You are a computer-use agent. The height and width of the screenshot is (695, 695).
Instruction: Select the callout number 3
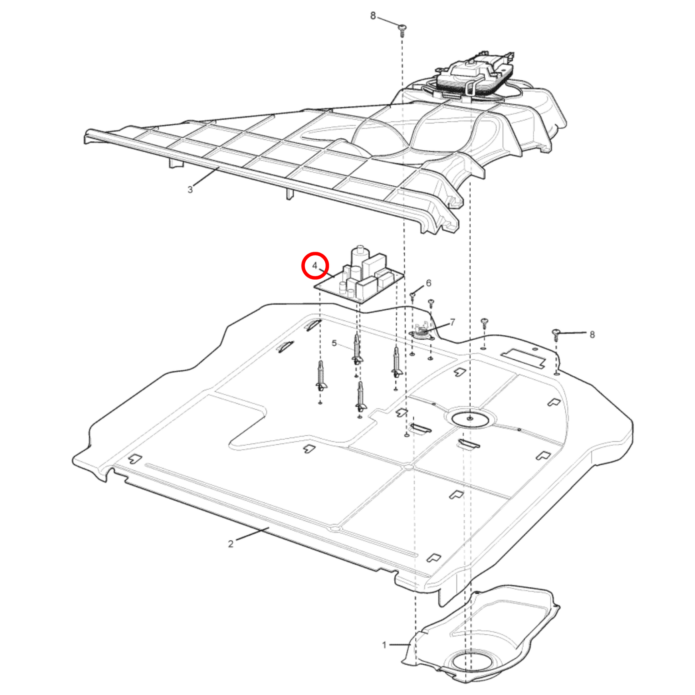tap(190, 190)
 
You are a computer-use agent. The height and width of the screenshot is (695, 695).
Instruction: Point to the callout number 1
tap(384, 645)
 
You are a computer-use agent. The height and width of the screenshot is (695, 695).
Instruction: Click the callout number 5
tap(334, 344)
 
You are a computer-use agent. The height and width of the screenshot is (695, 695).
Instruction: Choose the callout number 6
tap(429, 283)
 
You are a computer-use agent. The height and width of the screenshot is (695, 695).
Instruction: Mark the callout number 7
tap(452, 322)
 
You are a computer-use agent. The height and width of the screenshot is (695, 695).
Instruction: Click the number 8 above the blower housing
tap(373, 16)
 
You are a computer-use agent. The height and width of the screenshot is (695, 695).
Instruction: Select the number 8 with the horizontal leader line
tap(592, 335)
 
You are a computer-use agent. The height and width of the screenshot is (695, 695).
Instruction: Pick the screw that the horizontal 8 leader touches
tap(556, 335)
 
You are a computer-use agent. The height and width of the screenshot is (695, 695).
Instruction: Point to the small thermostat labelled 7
tap(421, 332)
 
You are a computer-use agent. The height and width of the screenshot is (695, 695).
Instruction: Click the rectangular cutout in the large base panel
tap(524, 357)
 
